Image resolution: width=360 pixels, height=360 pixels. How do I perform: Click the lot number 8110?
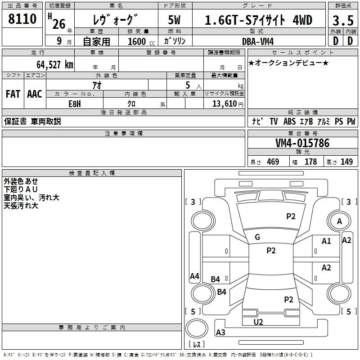[x=22, y=18]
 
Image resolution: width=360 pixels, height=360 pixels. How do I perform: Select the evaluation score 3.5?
[x=343, y=20]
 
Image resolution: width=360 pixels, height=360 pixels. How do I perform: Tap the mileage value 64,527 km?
[x=55, y=64]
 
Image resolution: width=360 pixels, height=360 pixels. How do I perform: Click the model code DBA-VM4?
[x=258, y=41]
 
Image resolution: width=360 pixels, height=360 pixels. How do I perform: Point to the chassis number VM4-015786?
[x=302, y=143]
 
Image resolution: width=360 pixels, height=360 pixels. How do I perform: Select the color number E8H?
[x=75, y=104]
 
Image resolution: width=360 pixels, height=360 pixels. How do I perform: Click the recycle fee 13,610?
[x=224, y=103]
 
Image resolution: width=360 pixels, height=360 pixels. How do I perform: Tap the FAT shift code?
[x=13, y=94]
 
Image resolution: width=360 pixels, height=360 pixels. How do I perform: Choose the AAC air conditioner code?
[x=35, y=94]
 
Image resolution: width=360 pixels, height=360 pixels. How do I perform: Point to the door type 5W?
[x=174, y=20]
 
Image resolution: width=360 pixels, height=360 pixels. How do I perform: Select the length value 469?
[x=273, y=162]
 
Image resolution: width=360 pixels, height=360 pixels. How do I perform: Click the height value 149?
[x=346, y=162]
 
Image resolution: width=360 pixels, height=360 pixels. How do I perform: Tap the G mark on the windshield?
[x=257, y=237]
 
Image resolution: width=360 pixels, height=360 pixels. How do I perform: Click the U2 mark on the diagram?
[x=258, y=322]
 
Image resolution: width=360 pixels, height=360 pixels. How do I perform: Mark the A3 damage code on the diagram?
[x=220, y=332]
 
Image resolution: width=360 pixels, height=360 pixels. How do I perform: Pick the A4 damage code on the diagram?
[x=194, y=276]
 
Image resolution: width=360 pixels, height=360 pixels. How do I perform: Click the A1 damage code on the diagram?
[x=326, y=241]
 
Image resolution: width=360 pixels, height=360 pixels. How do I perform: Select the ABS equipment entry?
[x=289, y=121]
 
